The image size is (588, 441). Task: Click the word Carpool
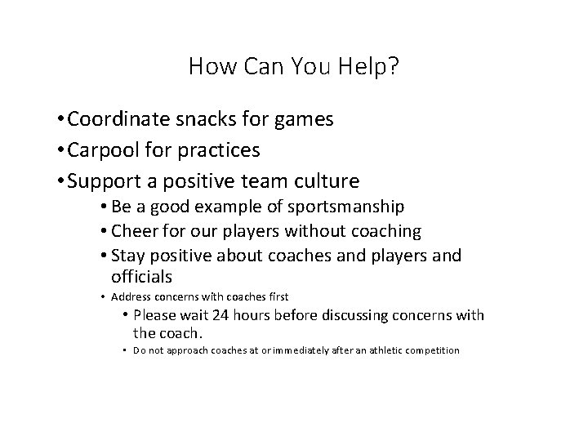tap(103, 150)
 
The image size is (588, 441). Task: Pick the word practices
tap(220, 150)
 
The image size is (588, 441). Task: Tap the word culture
tap(325, 180)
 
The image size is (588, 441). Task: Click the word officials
tap(143, 277)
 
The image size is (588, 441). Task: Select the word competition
tap(429, 350)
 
